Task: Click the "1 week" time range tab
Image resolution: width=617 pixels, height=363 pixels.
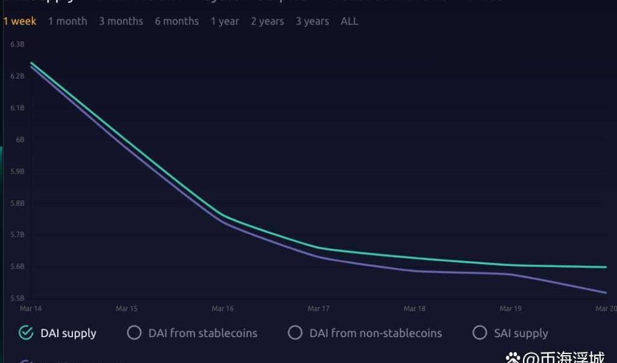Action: coord(19,21)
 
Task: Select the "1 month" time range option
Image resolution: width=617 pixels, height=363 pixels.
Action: coord(67,21)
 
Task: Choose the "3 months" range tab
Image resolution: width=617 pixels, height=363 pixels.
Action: coord(121,21)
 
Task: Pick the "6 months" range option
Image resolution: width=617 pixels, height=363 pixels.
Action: coord(177,21)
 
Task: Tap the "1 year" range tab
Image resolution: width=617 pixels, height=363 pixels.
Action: coord(225,21)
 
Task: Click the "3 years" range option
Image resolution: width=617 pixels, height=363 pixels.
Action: coord(312,21)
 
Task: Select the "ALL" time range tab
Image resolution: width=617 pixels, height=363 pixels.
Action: coord(349,21)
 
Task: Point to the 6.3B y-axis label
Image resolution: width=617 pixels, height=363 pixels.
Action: coord(17,45)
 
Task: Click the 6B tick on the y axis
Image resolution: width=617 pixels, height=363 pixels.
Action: coord(20,140)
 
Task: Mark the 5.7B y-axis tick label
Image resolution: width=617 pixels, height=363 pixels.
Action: coord(17,235)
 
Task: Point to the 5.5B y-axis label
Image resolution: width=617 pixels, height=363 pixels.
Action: coord(17,298)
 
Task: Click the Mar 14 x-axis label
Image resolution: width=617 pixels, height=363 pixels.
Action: coord(31,309)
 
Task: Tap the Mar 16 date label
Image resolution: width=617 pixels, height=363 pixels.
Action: coord(222,309)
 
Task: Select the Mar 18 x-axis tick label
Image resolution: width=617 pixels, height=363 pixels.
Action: coord(415,309)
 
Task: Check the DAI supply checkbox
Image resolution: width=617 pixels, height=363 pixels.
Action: coord(26,333)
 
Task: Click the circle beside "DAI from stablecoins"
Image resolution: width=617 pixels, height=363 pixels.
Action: coord(134,333)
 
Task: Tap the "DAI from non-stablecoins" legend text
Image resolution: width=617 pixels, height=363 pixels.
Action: coord(375,333)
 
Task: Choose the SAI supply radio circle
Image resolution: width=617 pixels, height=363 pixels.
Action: coord(480,333)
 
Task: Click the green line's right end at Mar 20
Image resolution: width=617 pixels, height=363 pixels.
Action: coord(606,267)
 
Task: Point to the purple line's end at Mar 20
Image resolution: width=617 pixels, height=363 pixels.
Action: coord(606,293)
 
